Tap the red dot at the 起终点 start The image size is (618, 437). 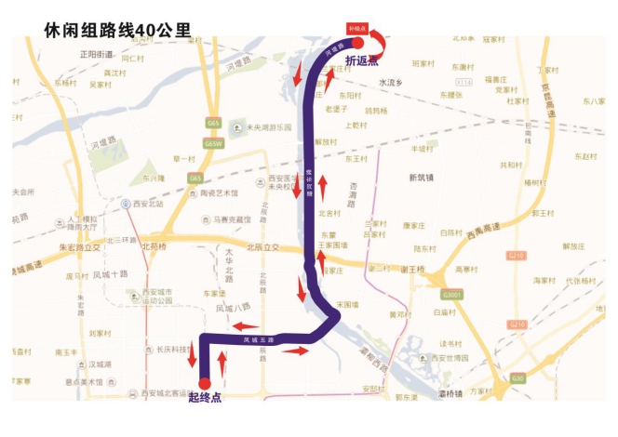click(x=204, y=381)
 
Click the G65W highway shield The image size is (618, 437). click(x=214, y=144)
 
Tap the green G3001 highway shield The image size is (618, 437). click(x=451, y=295)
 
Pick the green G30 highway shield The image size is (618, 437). click(x=517, y=378)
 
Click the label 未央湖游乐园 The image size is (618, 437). click(x=267, y=127)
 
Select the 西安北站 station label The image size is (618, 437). click(x=146, y=203)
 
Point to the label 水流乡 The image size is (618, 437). click(x=390, y=82)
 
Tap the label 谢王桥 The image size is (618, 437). click(x=410, y=270)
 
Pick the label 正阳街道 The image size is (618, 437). click(x=96, y=54)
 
